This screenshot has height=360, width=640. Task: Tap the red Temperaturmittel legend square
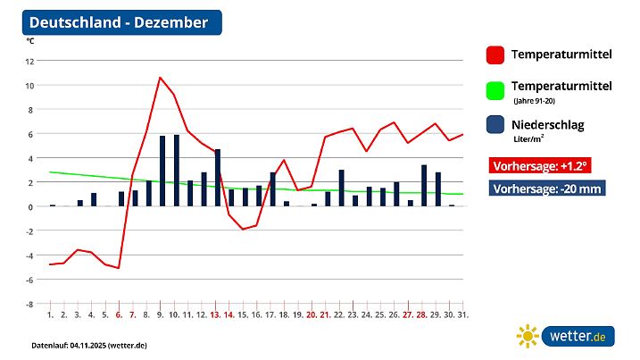coord(495,54)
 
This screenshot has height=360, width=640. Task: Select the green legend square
coord(495,90)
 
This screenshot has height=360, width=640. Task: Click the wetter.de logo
coord(580,337)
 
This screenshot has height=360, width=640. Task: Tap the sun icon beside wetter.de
coord(528,336)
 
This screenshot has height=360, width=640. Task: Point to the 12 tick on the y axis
coord(30,61)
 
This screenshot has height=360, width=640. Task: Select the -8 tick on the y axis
coord(30,304)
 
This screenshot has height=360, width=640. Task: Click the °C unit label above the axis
coord(30,41)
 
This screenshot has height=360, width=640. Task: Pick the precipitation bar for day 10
coord(177,171)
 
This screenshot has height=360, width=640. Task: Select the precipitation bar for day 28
coord(424,186)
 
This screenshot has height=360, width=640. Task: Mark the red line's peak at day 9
coord(160,78)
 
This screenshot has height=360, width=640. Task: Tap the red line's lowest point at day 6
coord(119,268)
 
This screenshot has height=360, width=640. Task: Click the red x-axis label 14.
coord(229,314)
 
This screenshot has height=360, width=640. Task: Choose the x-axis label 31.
coord(463,314)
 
